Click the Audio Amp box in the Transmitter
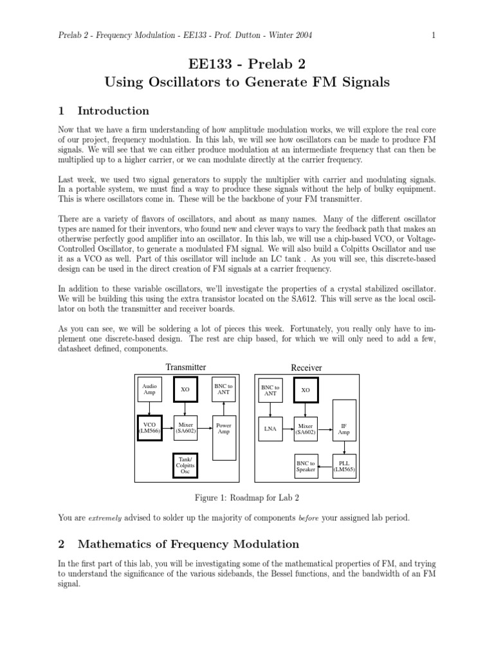(149, 390)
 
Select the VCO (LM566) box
(149, 429)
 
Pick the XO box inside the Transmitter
(185, 390)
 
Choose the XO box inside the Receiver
(306, 391)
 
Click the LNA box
(270, 429)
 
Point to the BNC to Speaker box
(306, 467)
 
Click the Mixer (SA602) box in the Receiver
(306, 429)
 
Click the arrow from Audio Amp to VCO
(149, 409)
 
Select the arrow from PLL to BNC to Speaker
(325, 467)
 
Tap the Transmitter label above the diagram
(186, 367)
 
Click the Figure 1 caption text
(246, 497)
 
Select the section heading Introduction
(113, 110)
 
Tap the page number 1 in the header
(434, 35)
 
